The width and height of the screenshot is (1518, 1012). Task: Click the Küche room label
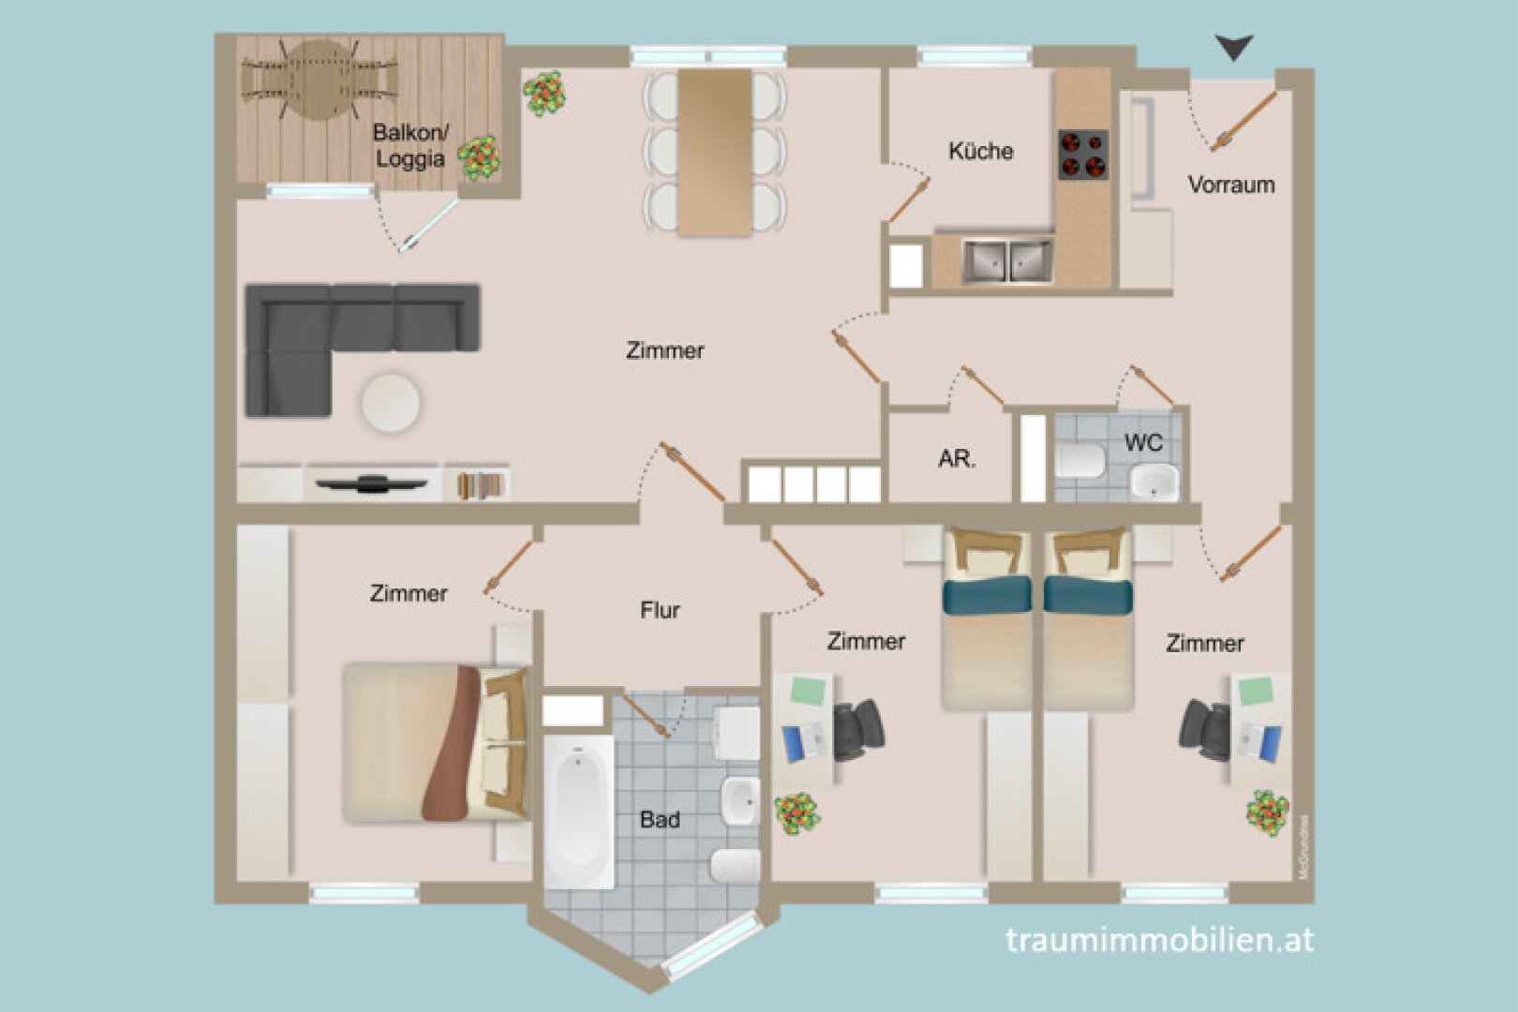pyautogui.click(x=980, y=151)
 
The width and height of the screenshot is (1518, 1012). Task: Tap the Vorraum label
pyautogui.click(x=1230, y=185)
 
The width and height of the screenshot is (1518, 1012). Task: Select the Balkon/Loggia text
pyautogui.click(x=409, y=145)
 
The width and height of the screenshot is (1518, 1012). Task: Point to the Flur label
pyautogui.click(x=660, y=610)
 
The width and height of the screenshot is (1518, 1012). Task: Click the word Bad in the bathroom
pyautogui.click(x=660, y=819)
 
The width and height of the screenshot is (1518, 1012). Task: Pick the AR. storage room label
pyautogui.click(x=956, y=459)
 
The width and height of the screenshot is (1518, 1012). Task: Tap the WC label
pyautogui.click(x=1142, y=442)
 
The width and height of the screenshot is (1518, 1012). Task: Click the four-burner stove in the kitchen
pyautogui.click(x=1083, y=155)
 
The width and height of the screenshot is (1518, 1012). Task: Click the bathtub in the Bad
pyautogui.click(x=578, y=811)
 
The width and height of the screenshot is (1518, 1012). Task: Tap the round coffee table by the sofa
pyautogui.click(x=391, y=403)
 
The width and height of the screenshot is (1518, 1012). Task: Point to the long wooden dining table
pyautogui.click(x=715, y=152)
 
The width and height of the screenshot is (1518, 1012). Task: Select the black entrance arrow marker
pyautogui.click(x=1233, y=47)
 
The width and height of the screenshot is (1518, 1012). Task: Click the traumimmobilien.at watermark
pyautogui.click(x=1159, y=939)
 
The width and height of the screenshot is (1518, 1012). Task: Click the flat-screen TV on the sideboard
pyautogui.click(x=371, y=484)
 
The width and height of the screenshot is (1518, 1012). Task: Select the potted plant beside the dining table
pyautogui.click(x=544, y=94)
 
